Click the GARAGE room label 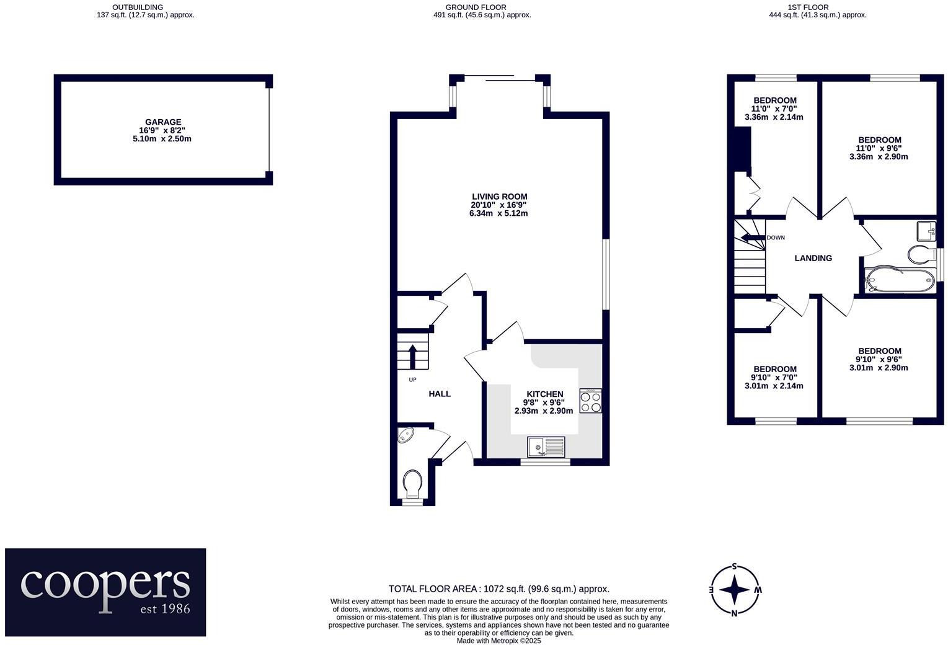[x=163, y=122]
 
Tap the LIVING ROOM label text [x=499, y=197]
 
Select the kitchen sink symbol [x=546, y=446]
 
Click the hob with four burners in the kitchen [x=590, y=401]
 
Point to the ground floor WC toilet [x=412, y=483]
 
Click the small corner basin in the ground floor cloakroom [x=405, y=435]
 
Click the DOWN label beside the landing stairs [x=776, y=238]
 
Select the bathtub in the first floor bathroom [x=899, y=280]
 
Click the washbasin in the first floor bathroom [x=926, y=231]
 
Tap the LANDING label [x=813, y=258]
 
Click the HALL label [x=440, y=394]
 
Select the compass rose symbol [x=735, y=589]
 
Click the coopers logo [x=105, y=592]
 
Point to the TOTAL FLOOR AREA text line [x=498, y=589]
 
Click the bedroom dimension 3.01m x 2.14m [x=774, y=386]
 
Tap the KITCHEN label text [x=544, y=394]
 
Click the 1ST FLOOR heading [x=817, y=7]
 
